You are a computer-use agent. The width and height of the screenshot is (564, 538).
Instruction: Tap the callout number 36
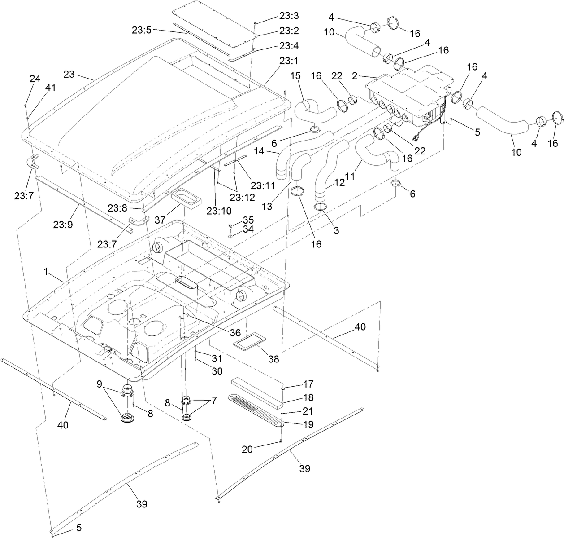pyautogui.click(x=235, y=332)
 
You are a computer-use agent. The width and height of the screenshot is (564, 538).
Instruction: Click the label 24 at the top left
pyautogui.click(x=35, y=79)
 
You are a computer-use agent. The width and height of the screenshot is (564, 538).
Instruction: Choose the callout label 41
pyautogui.click(x=50, y=88)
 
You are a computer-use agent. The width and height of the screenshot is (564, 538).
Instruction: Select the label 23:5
pyautogui.click(x=142, y=31)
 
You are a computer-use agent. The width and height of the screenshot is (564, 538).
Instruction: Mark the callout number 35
pyautogui.click(x=248, y=220)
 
